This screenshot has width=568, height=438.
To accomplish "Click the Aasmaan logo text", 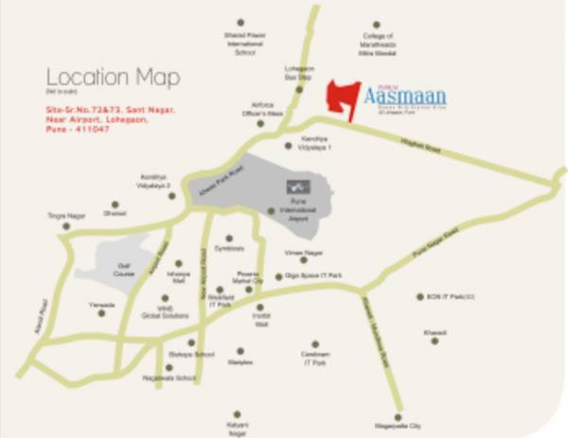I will click(x=409, y=95).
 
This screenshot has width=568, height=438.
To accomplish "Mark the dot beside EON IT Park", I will click(x=420, y=297).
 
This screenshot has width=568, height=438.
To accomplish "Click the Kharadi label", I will click(x=435, y=333).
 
